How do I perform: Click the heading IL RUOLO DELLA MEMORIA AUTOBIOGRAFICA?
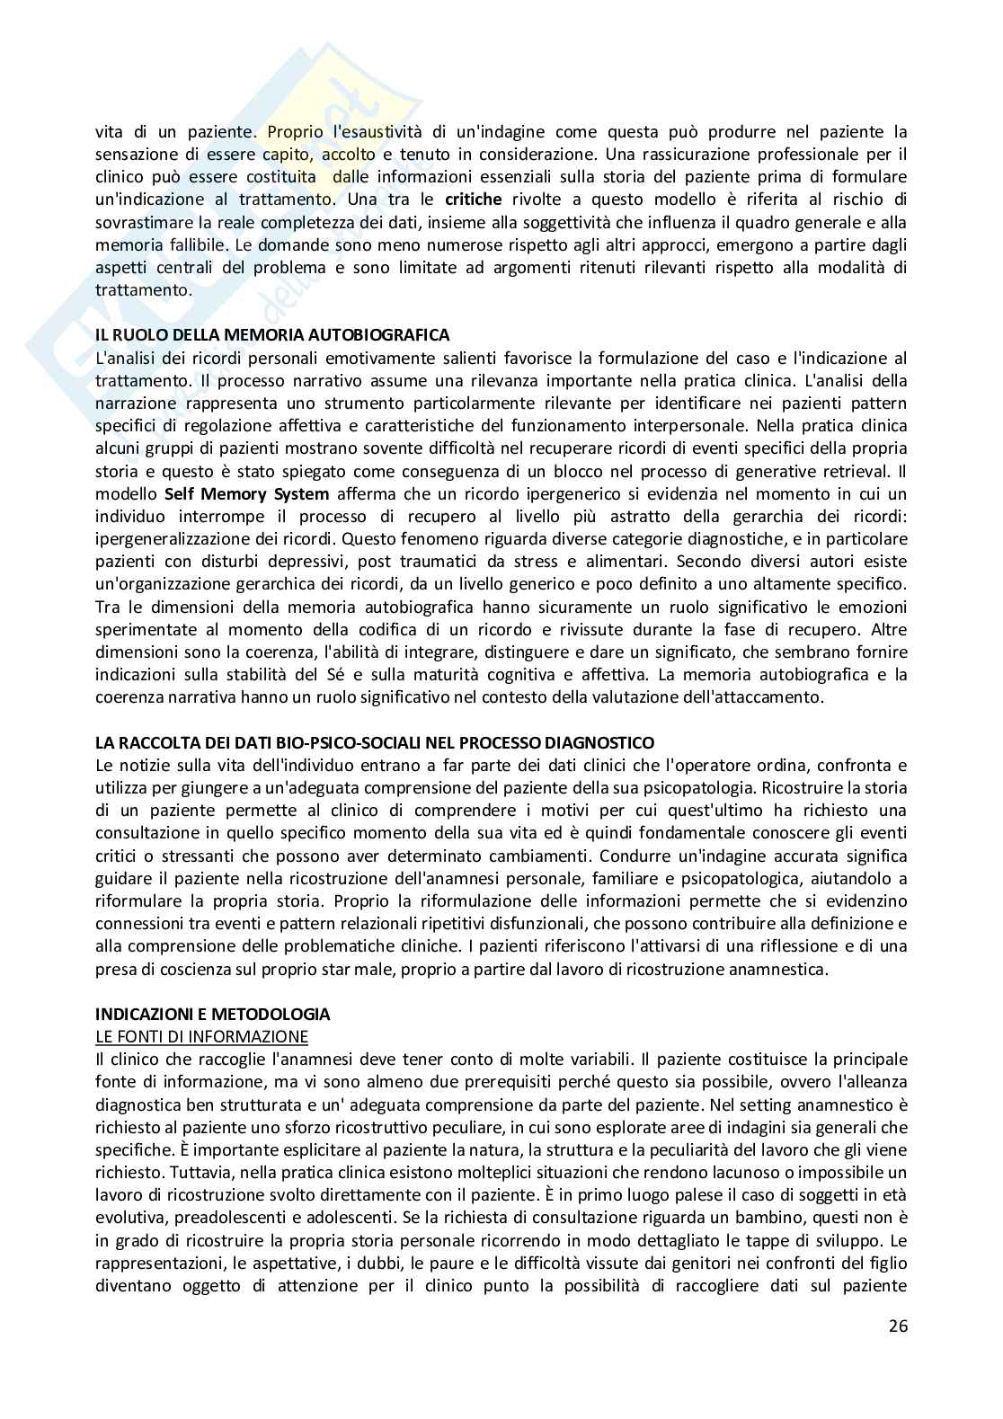click(272, 335)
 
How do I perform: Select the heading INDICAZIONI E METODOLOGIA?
click(213, 1014)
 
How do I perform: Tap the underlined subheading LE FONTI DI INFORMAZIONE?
click(202, 1036)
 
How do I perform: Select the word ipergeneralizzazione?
click(172, 538)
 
